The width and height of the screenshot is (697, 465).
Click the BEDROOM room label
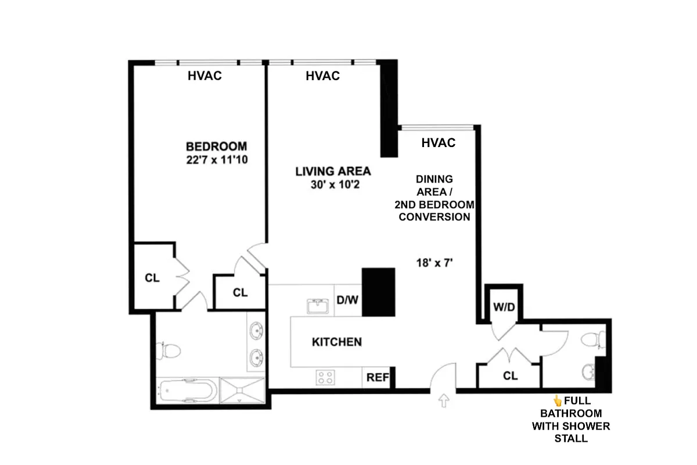(x=216, y=146)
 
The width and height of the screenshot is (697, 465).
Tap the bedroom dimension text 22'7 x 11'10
(x=216, y=160)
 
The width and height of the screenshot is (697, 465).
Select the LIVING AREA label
(x=333, y=171)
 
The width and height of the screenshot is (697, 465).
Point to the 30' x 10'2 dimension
(x=333, y=185)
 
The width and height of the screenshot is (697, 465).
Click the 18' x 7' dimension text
(x=435, y=262)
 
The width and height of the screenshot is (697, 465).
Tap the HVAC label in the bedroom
(x=204, y=76)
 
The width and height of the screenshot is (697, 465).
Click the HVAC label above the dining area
(x=439, y=142)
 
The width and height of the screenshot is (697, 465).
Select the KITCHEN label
(x=337, y=342)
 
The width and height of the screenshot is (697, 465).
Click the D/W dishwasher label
(x=348, y=301)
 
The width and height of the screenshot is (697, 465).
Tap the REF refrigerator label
(x=377, y=377)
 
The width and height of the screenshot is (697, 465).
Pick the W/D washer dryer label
(x=504, y=306)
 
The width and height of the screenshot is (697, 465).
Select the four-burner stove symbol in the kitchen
(x=324, y=377)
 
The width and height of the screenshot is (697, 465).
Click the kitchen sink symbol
(x=317, y=306)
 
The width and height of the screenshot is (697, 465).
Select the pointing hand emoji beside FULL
(x=557, y=400)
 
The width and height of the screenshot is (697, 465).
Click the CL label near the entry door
(x=510, y=376)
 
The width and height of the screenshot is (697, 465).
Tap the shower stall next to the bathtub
(x=242, y=391)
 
